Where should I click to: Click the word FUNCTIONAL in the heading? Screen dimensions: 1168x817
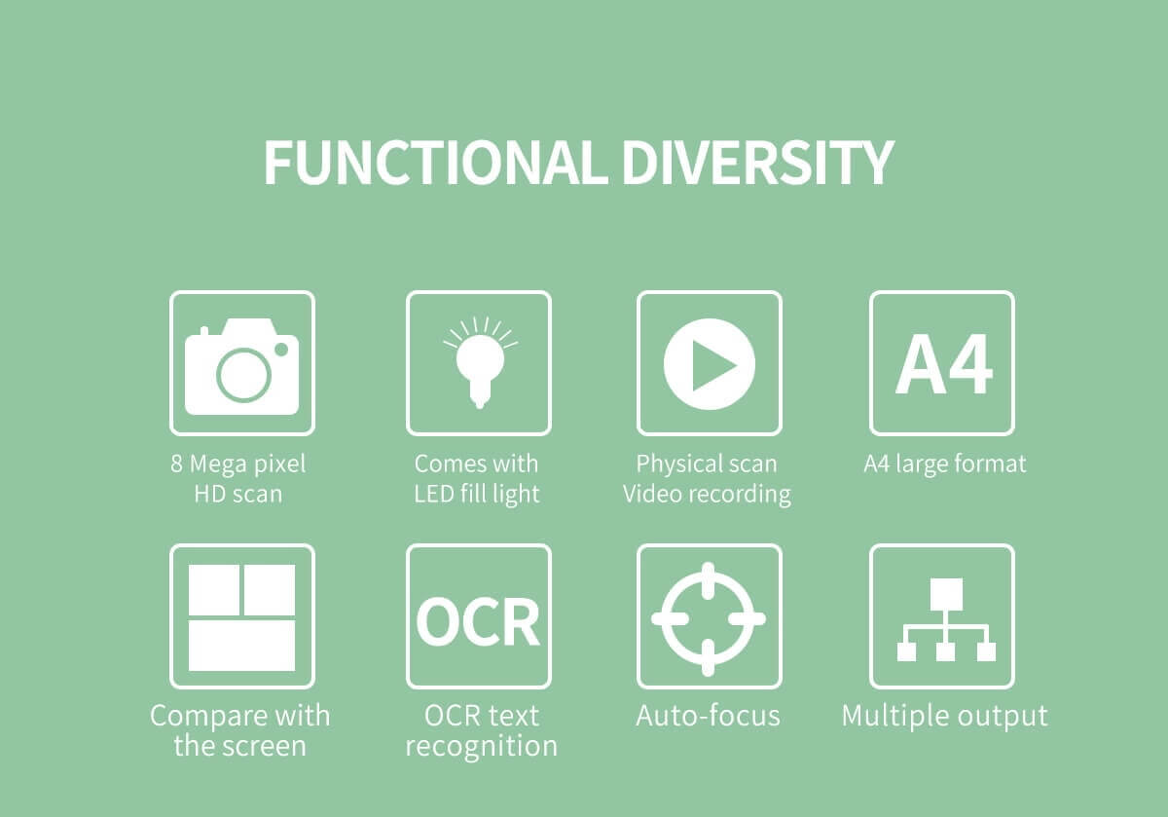pos(436,163)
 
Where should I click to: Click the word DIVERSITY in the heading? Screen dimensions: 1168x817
pos(758,163)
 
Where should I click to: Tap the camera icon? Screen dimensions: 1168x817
pos(242,367)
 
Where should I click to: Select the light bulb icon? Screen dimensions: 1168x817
pos(480,362)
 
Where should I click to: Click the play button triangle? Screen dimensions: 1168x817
pos(712,364)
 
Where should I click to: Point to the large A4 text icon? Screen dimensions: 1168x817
pos(943,363)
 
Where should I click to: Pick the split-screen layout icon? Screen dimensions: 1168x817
pos(242,617)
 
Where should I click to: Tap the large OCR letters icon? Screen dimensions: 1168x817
pos(478,621)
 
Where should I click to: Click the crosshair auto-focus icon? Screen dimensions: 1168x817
pos(709,618)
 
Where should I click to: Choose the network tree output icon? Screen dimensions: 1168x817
pos(946,619)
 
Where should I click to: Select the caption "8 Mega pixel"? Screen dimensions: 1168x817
pos(238,464)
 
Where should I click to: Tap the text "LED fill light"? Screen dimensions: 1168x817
pos(477,494)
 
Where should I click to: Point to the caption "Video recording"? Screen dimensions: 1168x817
pos(707,494)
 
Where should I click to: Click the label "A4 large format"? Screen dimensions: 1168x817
pos(945,464)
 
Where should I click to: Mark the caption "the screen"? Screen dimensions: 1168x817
pos(239,746)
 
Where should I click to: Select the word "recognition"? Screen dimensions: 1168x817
pos(481,747)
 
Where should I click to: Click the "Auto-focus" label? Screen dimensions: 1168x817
pos(709,716)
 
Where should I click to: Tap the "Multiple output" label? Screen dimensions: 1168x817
pos(945,717)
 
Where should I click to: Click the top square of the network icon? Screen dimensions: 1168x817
pos(946,594)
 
